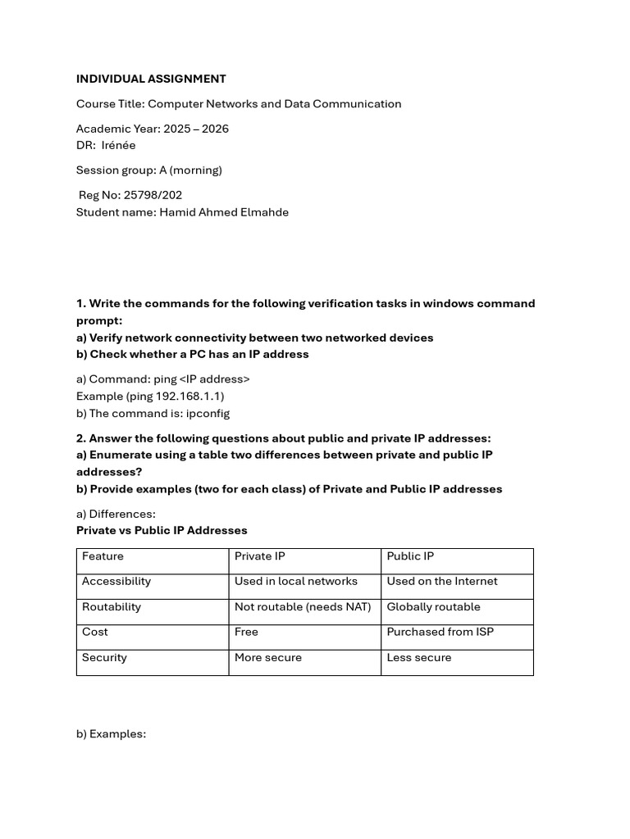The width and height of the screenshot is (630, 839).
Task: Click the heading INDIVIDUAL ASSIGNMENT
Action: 151,79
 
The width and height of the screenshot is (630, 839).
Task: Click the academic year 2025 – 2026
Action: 196,129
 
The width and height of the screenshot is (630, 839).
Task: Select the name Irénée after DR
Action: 119,145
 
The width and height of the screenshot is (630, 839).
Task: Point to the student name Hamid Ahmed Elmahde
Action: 224,212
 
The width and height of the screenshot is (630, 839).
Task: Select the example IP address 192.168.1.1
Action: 188,396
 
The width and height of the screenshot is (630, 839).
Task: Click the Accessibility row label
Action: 116,581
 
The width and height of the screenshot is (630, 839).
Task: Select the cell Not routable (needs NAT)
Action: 303,606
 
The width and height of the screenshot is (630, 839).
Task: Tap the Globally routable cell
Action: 433,606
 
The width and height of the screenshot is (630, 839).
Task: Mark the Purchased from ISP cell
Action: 440,632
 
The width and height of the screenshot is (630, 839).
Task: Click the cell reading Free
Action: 246,632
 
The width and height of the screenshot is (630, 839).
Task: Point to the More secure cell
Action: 268,657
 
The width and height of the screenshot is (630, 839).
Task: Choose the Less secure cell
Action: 418,657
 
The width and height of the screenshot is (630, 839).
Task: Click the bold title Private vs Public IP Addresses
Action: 162,530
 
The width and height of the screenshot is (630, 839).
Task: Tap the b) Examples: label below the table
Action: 111,733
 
